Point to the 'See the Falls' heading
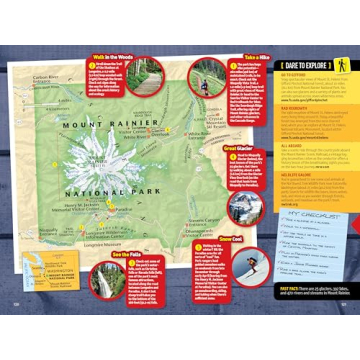click(130, 254)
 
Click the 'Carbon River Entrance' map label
click(46, 80)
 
